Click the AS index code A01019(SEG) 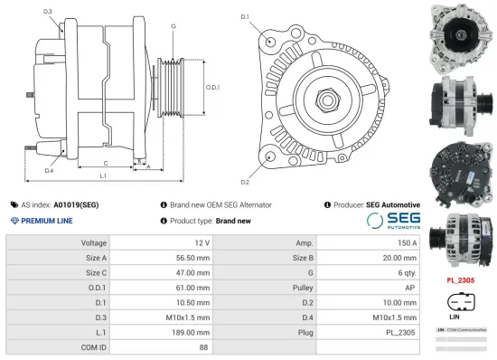point(76,205)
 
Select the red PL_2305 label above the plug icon point(461,280)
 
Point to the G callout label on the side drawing point(173,26)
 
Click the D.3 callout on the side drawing point(47,11)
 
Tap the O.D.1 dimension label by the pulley point(213,87)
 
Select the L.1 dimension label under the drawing point(103,175)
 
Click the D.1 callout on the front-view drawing point(245,17)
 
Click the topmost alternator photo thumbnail point(461,34)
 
